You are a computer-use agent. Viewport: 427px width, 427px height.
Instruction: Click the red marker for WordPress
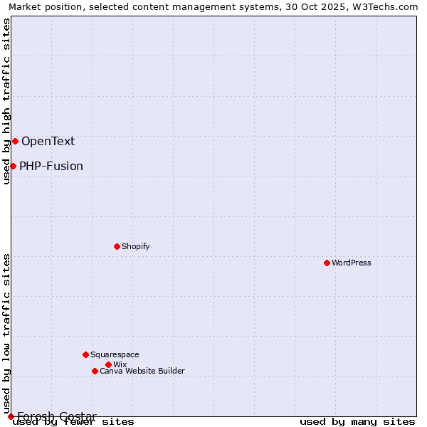coord(327,263)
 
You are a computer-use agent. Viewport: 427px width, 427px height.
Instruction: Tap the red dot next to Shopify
coord(117,246)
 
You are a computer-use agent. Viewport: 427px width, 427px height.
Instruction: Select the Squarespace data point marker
coord(85,354)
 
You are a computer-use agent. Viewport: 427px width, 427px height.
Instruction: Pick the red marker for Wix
coord(108,364)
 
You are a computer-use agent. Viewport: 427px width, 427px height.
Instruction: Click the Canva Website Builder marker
coord(95,371)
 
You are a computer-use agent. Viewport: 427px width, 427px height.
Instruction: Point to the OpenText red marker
coord(15,141)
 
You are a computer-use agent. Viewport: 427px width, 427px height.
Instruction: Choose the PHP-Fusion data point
coord(13,166)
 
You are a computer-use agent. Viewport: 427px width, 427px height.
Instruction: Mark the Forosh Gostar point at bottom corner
coord(11,416)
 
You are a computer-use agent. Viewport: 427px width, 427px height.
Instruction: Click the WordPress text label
coord(352,263)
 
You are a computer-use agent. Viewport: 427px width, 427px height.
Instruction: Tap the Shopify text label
coord(135,246)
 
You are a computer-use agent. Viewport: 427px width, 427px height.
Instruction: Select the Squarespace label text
coord(115,354)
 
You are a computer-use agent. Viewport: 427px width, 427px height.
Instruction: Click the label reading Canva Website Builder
coord(142,371)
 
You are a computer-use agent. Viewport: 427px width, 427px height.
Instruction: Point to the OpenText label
coord(48,141)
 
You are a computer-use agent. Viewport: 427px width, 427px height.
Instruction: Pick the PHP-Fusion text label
coord(51,167)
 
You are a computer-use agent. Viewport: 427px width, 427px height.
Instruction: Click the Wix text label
coord(120,364)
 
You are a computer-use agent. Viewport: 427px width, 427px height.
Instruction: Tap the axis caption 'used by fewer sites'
coord(74,422)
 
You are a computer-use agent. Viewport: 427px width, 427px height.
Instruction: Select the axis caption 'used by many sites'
coord(357,422)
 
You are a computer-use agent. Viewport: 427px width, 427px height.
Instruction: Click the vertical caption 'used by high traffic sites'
coord(6,101)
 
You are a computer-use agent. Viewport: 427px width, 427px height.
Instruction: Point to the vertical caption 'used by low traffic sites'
coord(6,333)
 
